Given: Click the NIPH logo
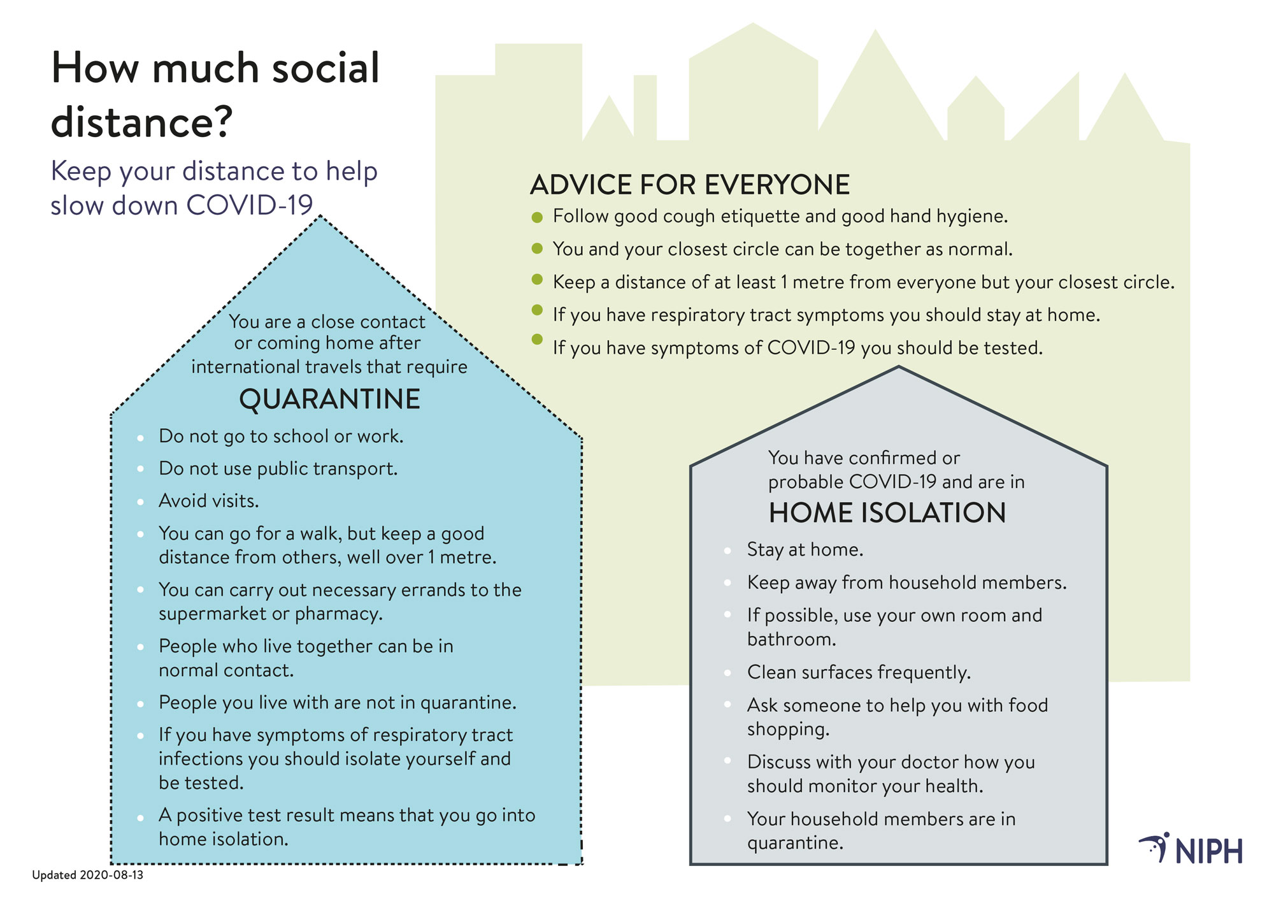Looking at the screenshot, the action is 1191,848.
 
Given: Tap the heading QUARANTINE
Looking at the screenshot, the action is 329,400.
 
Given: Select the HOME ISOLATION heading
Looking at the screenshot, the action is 887,513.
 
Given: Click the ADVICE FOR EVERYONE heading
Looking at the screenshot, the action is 690,185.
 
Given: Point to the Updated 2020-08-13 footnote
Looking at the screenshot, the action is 88,875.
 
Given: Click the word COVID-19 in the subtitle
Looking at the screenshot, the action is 250,205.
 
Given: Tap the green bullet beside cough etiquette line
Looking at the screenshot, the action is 537,217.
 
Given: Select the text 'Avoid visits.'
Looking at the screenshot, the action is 209,501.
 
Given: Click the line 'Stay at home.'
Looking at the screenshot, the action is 805,550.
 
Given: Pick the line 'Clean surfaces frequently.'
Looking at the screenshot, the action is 859,672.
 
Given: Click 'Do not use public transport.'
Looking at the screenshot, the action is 278,469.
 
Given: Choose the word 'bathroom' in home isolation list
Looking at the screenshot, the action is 789,639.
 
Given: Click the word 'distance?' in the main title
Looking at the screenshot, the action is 141,122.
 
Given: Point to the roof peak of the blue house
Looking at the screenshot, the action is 321,216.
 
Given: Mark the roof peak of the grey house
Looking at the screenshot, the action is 899,367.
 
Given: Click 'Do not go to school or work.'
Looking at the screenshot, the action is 281,436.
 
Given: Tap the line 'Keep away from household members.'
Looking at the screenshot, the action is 906,582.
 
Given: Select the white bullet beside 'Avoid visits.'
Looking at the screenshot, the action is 140,502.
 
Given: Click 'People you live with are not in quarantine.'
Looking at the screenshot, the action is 338,703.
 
